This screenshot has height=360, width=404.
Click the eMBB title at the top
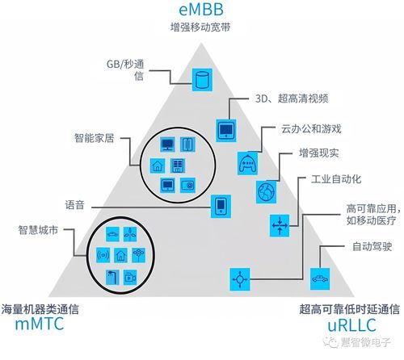pyautogui.click(x=202, y=10)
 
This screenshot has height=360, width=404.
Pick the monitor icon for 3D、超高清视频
pyautogui.click(x=225, y=128)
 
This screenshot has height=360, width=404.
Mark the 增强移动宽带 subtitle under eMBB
pyautogui.click(x=201, y=28)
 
